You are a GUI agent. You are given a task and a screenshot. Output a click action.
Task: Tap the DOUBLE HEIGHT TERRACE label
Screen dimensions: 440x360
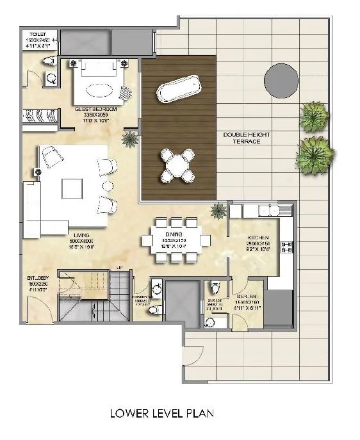coord(241,138)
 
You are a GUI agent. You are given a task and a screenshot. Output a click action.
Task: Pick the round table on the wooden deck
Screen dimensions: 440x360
coord(177,163)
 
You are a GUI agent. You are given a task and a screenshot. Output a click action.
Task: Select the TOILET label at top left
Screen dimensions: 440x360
coord(37,35)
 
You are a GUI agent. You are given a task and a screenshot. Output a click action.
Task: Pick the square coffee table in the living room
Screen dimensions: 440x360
coord(71,188)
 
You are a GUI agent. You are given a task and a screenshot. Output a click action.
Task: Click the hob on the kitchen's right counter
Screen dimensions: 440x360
coord(286,249)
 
